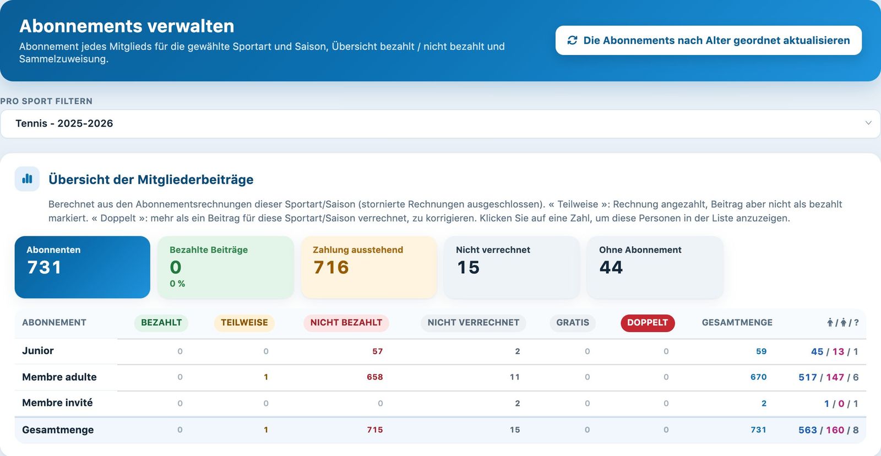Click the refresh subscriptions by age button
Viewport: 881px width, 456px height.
click(x=708, y=40)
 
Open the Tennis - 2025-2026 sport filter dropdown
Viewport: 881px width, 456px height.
click(x=440, y=123)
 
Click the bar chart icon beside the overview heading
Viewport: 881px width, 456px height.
click(x=27, y=179)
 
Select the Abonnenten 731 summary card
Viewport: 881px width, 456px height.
click(x=82, y=267)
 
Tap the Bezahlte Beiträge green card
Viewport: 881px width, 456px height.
click(x=226, y=267)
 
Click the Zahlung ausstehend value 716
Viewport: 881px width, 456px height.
click(x=331, y=268)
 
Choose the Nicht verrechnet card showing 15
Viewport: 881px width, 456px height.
click(x=512, y=267)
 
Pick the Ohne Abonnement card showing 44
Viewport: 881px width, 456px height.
click(x=655, y=267)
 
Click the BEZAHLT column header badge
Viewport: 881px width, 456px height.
click(x=161, y=323)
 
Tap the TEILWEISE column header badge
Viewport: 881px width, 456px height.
click(x=244, y=323)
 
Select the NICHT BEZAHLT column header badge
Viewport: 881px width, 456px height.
click(x=346, y=323)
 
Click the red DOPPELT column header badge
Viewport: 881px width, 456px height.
click(x=648, y=323)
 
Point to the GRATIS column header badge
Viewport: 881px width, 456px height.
click(x=573, y=323)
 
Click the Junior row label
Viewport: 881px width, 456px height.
click(x=38, y=351)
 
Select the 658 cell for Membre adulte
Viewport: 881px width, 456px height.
click(x=375, y=377)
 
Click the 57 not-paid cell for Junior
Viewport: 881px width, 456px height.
click(x=378, y=351)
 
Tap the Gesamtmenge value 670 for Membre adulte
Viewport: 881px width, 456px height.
click(x=758, y=377)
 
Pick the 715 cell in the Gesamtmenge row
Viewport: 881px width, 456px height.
click(x=375, y=430)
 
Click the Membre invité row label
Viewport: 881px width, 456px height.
click(x=57, y=403)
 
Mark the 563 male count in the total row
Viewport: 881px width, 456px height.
click(x=808, y=430)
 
